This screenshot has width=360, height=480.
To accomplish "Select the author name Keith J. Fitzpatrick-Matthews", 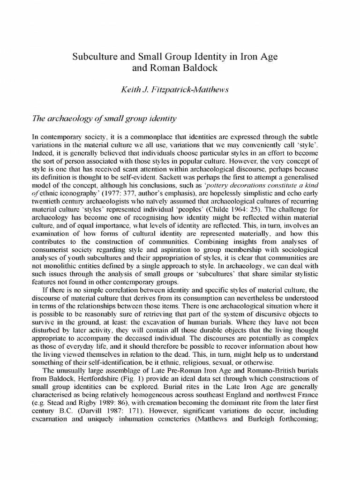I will (x=180, y=91).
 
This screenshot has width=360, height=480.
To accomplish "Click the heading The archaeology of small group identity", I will (x=104, y=119).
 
